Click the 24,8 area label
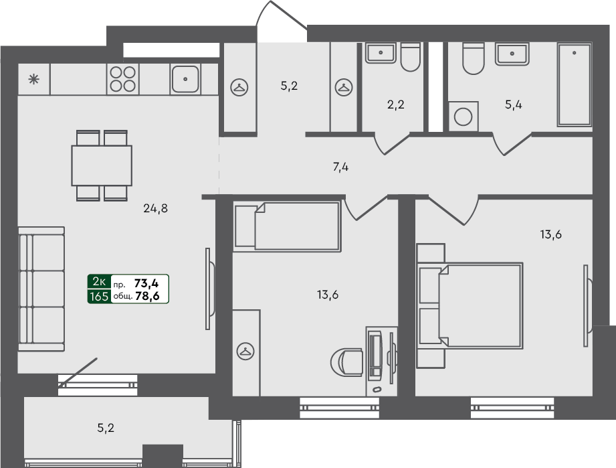[x=155, y=208]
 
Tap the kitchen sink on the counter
[x=185, y=79]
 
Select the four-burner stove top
[x=123, y=79]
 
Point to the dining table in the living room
[x=102, y=165]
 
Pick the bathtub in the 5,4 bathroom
[x=575, y=86]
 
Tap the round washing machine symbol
[x=463, y=116]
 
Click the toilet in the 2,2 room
[x=409, y=57]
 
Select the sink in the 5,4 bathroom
[x=512, y=53]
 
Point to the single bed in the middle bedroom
[x=288, y=227]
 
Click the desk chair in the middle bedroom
[x=346, y=362]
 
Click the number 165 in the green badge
[x=98, y=296]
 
